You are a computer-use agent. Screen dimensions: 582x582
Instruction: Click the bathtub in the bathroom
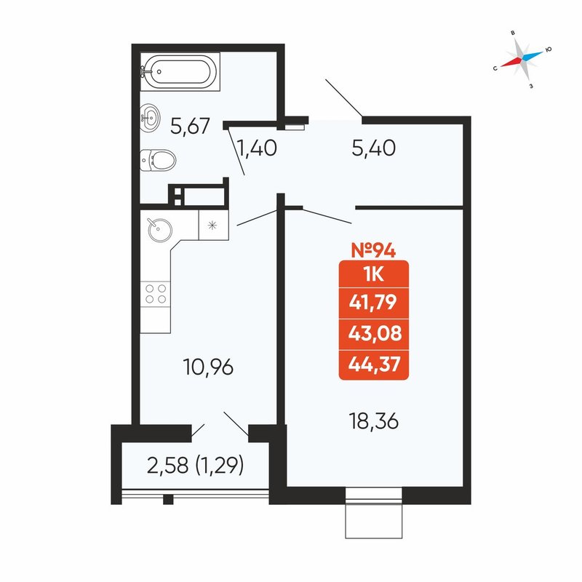pos(180,71)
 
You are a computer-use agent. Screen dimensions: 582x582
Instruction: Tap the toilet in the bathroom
pos(158,160)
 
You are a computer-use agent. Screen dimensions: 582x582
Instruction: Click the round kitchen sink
pos(159,230)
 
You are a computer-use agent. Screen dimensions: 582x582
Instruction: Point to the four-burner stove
pos(156,294)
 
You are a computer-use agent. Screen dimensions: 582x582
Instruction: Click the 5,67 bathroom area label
pos(190,126)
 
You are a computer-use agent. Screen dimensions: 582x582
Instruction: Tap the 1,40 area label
pos(257,148)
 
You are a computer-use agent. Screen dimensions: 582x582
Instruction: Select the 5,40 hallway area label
pos(373,148)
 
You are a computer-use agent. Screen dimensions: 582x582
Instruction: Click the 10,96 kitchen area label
pos(208,367)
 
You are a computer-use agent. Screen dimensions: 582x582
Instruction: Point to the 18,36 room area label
pos(374,421)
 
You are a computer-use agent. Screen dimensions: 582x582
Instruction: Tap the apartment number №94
pos(373,250)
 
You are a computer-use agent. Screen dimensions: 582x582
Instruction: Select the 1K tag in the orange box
pos(374,275)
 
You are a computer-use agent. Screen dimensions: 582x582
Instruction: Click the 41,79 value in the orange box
pos(373,302)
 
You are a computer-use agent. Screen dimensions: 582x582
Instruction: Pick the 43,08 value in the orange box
pos(375,333)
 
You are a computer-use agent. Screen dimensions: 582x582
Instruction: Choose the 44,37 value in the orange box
pos(375,364)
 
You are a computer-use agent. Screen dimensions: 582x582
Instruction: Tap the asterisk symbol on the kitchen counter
pos(212,225)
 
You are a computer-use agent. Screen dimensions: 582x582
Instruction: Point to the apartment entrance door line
pos(343,97)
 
